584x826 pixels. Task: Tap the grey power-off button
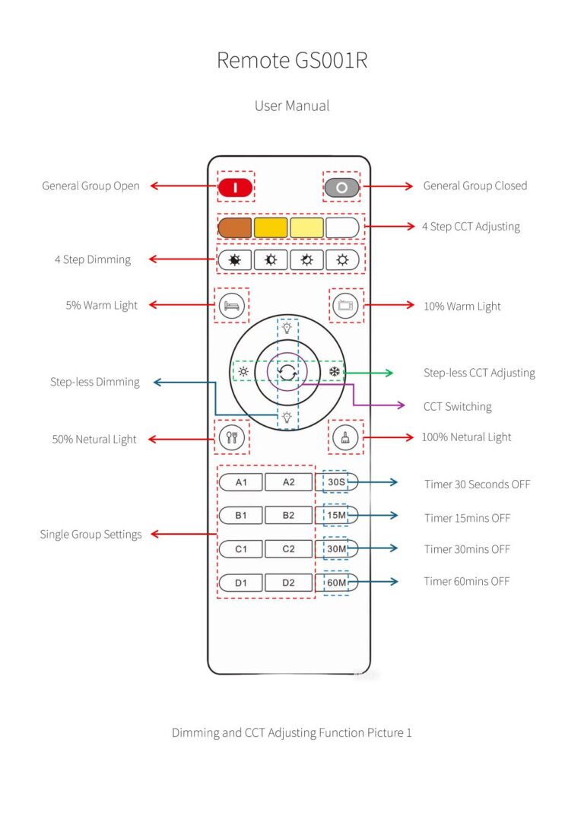[341, 187]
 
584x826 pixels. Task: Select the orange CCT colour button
[235, 227]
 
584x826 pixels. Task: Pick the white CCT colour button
[342, 227]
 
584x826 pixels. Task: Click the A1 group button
[241, 482]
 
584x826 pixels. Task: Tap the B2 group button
[288, 516]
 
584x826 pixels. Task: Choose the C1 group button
[241, 549]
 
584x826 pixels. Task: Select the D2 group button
[288, 583]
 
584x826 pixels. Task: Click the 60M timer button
[336, 583]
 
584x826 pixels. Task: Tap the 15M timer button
[336, 516]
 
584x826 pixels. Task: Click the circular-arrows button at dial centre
[288, 373]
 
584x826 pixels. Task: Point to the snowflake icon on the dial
[334, 372]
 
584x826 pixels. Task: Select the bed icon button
[231, 306]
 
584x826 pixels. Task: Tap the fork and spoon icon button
[231, 437]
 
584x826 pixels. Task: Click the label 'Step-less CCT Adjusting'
[479, 373]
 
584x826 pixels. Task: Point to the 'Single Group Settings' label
[90, 535]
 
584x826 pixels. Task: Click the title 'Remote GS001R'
[292, 61]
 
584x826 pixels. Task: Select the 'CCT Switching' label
[457, 407]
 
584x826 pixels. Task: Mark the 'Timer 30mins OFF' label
[467, 549]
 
